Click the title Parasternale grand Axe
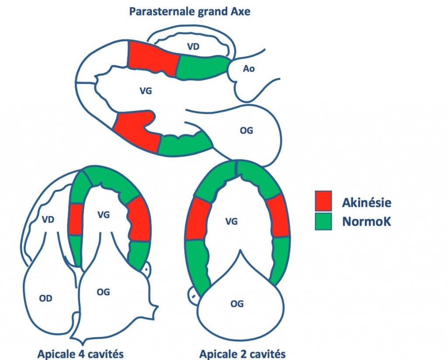(x=189, y=11)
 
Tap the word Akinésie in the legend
(x=366, y=202)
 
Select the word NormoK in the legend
(x=366, y=222)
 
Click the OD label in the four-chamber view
(x=45, y=298)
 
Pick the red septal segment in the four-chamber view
(x=76, y=219)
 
